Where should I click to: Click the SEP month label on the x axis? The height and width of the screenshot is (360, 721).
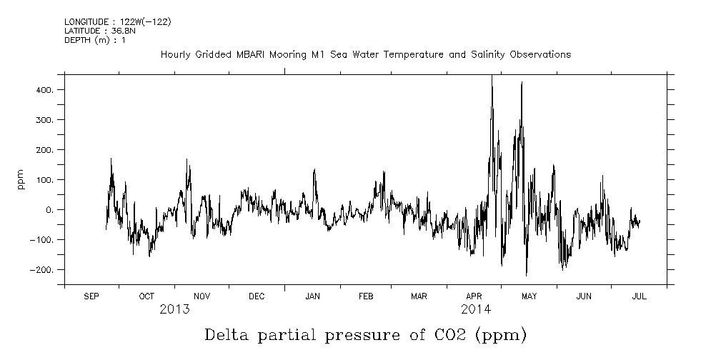(x=91, y=296)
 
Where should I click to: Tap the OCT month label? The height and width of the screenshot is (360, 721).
(x=146, y=296)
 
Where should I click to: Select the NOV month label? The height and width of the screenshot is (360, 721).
(x=202, y=296)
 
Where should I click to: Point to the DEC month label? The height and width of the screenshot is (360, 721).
(x=257, y=296)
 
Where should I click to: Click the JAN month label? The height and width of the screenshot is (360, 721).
(x=312, y=296)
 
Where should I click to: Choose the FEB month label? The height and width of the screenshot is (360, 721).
(x=366, y=296)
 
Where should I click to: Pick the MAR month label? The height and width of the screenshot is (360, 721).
(x=419, y=296)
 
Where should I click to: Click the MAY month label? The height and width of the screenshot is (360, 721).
(x=529, y=296)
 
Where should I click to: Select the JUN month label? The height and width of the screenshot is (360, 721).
(x=585, y=296)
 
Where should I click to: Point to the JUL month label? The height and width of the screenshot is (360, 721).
(x=639, y=296)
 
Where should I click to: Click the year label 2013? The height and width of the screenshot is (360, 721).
(x=174, y=309)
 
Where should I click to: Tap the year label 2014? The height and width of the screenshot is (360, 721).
(x=476, y=309)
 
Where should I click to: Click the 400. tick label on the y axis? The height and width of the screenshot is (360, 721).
(x=46, y=90)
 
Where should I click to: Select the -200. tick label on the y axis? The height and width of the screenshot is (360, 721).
(x=43, y=270)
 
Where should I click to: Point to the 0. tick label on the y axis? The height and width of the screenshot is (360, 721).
(x=51, y=210)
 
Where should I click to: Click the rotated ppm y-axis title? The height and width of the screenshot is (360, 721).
(x=21, y=179)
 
